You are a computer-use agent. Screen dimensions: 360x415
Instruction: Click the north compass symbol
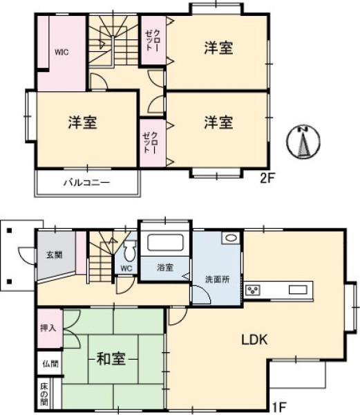tap(304, 142)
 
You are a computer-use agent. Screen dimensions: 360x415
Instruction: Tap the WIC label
tap(61, 52)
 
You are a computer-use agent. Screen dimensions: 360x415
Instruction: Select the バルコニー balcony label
tap(86, 183)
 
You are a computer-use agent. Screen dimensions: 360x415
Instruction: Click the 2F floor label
tap(267, 178)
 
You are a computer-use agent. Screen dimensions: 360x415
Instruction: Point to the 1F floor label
tap(278, 407)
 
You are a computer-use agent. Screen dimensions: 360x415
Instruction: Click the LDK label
tap(254, 340)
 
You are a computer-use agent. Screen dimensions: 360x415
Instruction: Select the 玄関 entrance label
tap(55, 255)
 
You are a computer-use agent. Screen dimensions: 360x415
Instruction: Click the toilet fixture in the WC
tap(129, 250)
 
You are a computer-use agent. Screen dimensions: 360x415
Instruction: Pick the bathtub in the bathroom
tap(165, 243)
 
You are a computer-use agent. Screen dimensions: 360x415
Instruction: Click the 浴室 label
tap(165, 268)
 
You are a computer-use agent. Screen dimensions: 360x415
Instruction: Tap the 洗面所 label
tap(217, 279)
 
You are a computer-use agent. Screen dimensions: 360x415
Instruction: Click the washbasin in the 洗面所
tap(231, 238)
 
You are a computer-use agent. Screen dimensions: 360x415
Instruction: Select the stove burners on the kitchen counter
tap(253, 290)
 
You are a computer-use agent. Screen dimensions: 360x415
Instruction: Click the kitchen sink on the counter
tap(298, 290)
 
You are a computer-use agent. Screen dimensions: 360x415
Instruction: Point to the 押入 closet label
tap(48, 328)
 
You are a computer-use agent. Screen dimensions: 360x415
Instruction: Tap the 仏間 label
tap(50, 364)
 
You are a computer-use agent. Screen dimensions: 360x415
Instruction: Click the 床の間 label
tap(44, 394)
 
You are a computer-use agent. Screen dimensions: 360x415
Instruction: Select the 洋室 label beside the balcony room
tap(83, 122)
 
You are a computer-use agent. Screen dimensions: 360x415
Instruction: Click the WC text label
tap(126, 268)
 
